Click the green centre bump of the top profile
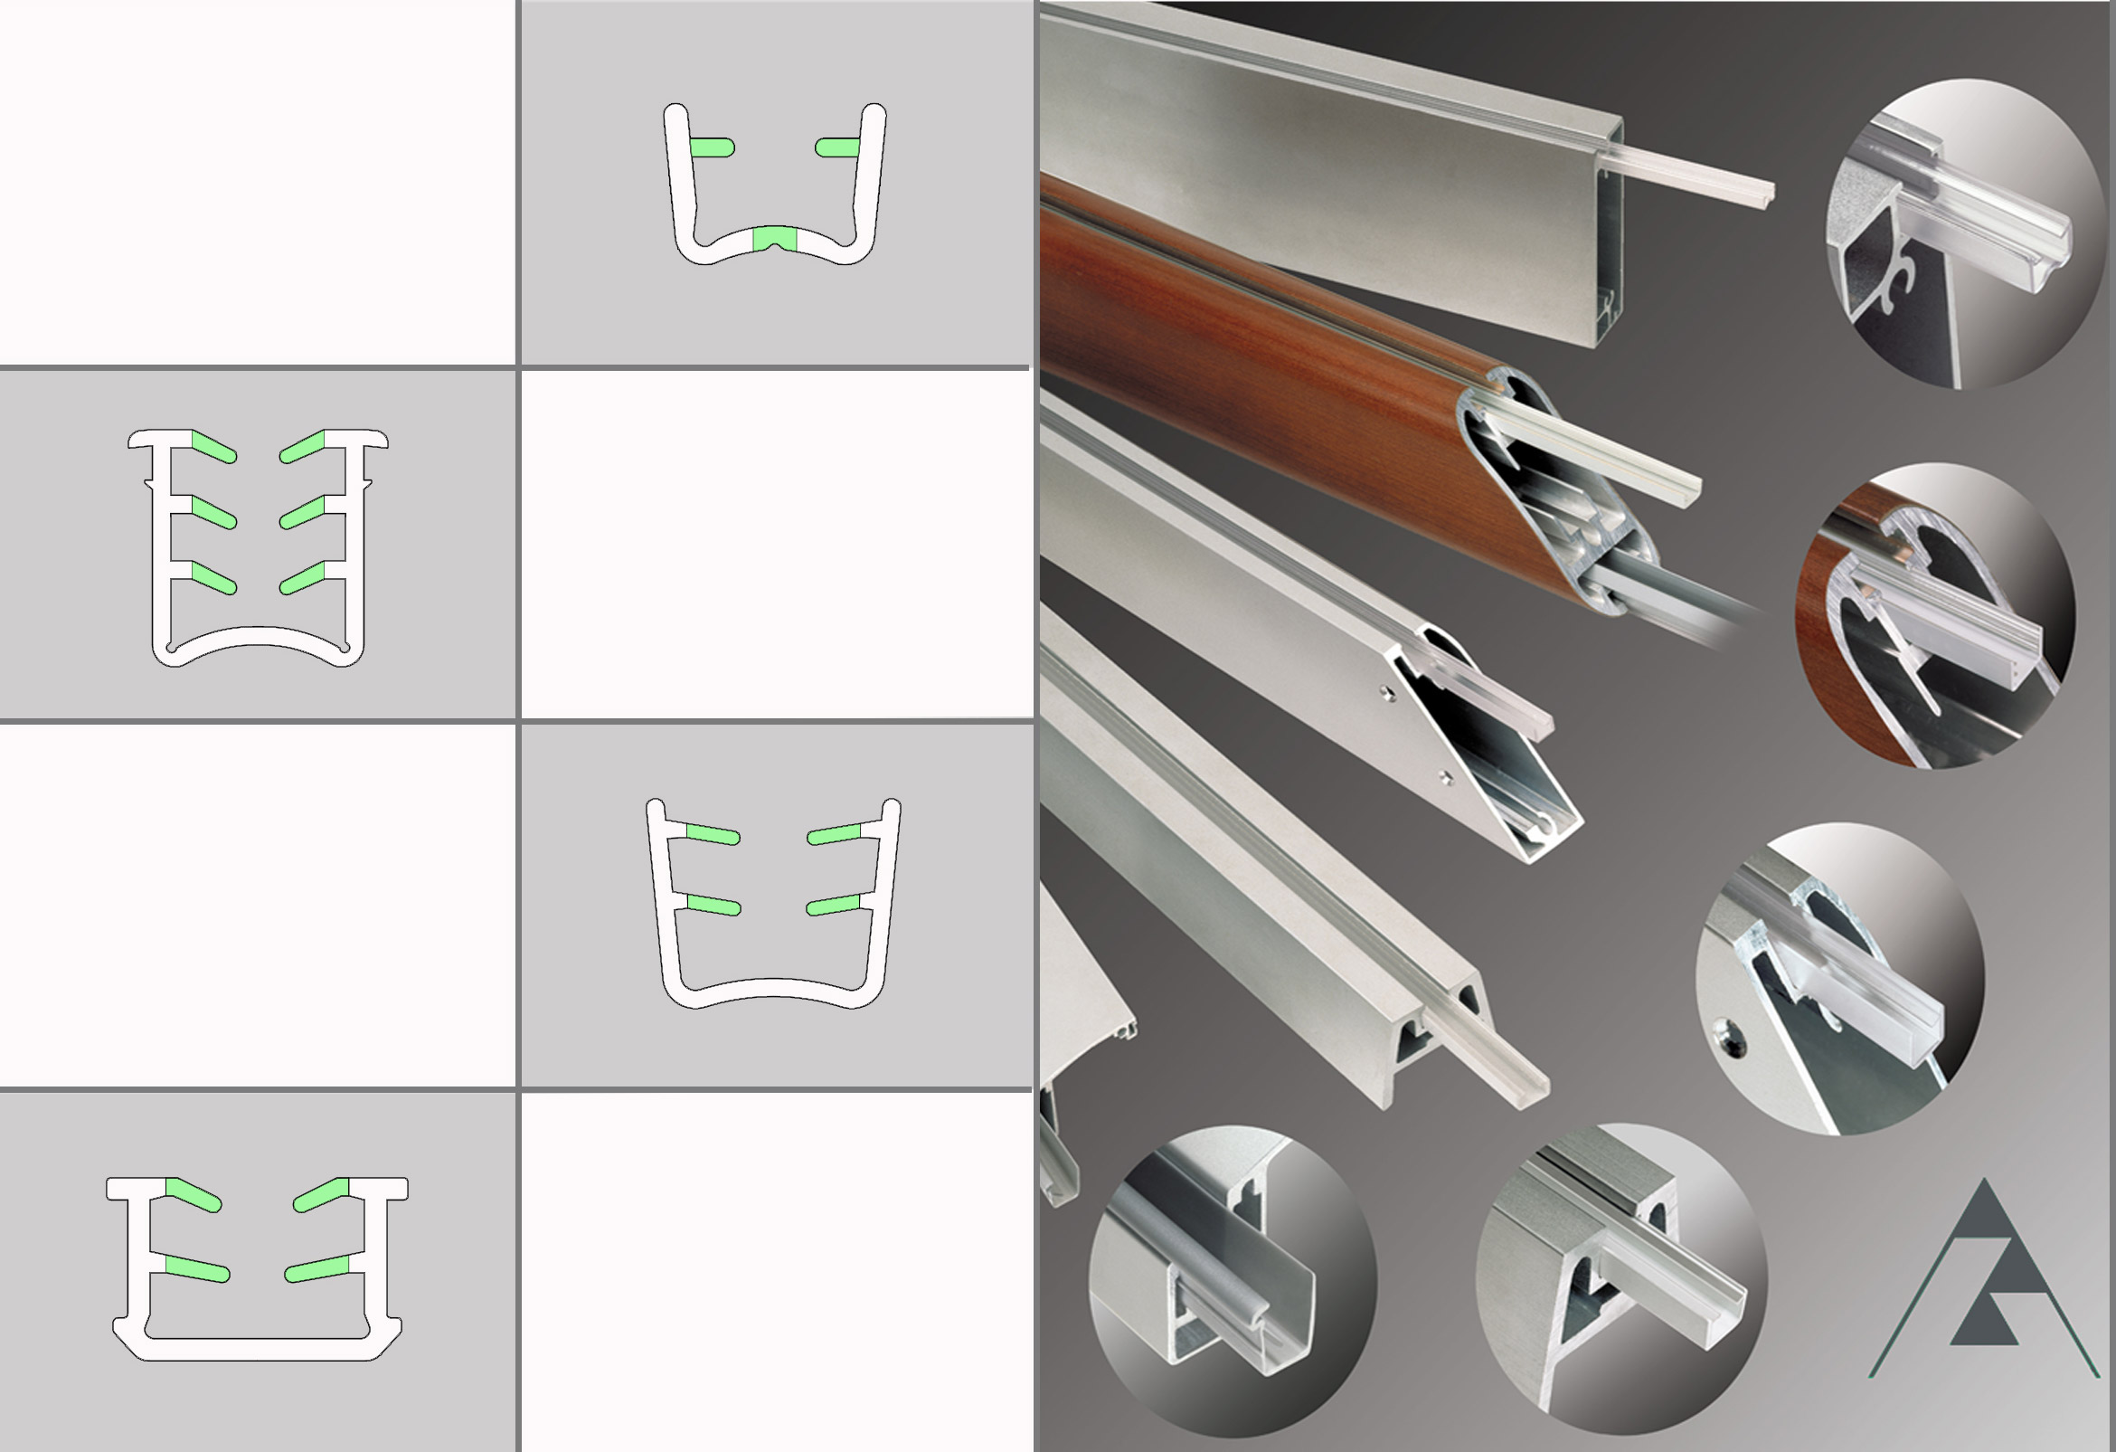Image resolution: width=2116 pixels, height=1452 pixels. click(775, 239)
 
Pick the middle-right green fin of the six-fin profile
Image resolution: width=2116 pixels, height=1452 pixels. click(302, 513)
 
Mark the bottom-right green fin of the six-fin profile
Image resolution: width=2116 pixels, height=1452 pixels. click(302, 578)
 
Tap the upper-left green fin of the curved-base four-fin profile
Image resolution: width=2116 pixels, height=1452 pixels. click(711, 833)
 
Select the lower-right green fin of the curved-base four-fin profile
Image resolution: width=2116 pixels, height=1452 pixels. click(833, 905)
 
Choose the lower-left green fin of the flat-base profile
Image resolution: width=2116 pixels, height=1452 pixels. click(195, 1268)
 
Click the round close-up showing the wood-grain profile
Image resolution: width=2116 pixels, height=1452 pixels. click(1935, 616)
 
